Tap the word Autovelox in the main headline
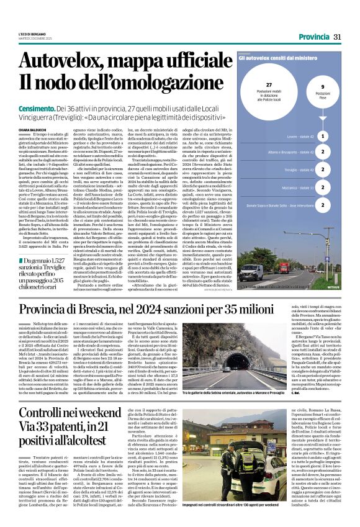[68, 60]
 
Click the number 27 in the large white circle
[268, 84]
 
